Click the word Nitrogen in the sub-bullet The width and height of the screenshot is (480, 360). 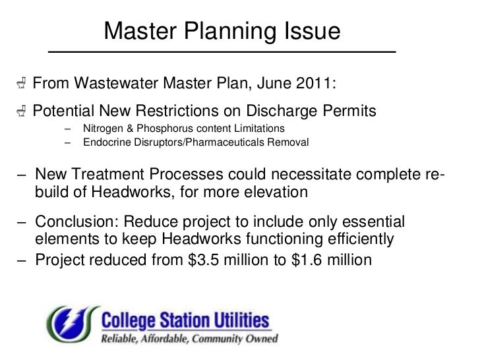click(104, 127)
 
